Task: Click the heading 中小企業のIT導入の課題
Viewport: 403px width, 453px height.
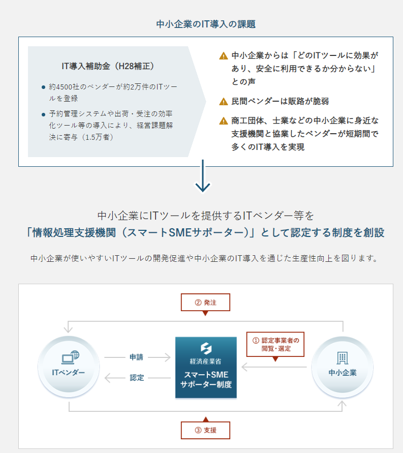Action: tap(206, 24)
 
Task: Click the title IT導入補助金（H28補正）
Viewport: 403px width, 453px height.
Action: tap(108, 66)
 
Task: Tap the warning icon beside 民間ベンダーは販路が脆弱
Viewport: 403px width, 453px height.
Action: tap(224, 101)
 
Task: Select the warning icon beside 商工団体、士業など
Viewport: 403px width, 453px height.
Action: tap(224, 121)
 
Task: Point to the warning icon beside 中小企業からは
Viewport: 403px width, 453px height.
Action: tap(224, 55)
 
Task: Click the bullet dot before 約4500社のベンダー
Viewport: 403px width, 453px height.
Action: tap(43, 87)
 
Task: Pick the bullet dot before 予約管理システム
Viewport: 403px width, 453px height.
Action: tap(43, 114)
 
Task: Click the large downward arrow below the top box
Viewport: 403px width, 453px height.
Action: tap(203, 176)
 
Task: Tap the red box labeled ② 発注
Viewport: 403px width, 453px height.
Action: tap(205, 303)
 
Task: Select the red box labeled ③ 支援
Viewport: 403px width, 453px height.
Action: tap(205, 430)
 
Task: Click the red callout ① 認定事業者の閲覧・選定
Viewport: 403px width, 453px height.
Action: tap(275, 344)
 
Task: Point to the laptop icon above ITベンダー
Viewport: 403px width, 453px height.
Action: tap(70, 357)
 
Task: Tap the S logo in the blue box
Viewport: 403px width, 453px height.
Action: tap(206, 348)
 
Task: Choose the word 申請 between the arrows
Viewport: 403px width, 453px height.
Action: tap(136, 357)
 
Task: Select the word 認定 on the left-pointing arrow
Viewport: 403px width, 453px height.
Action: tap(137, 378)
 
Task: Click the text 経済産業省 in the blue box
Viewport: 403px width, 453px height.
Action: tap(205, 361)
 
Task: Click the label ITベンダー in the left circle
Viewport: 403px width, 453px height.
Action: tap(69, 373)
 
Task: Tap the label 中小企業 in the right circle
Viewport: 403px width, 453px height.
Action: tap(343, 373)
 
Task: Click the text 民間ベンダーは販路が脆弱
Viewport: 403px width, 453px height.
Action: tap(280, 101)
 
